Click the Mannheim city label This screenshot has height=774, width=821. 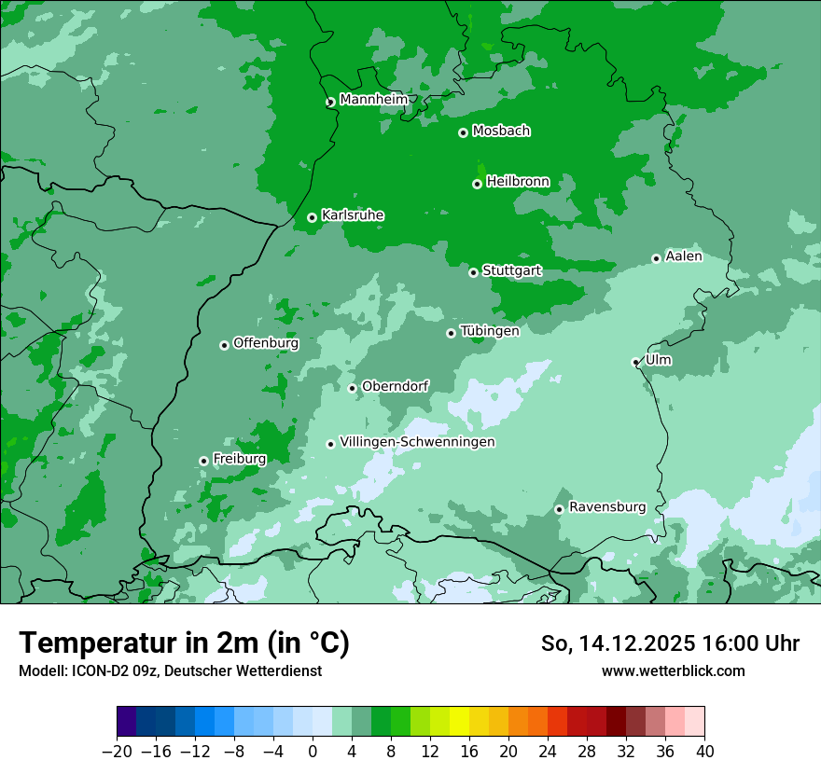tap(373, 100)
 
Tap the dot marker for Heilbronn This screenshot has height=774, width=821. tap(477, 184)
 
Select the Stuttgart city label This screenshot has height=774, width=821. tap(511, 271)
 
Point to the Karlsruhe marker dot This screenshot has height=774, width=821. tap(312, 217)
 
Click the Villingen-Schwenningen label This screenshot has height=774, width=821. tap(417, 442)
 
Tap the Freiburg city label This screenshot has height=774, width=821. tap(239, 459)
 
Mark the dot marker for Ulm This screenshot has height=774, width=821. tap(635, 362)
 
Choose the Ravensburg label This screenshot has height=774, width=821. tap(606, 507)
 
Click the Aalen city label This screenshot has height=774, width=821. tap(684, 256)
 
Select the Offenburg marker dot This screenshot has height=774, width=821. tap(224, 345)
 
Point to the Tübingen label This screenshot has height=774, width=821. tap(489, 331)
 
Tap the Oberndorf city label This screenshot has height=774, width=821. tap(395, 386)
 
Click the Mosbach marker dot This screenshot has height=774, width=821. tap(463, 132)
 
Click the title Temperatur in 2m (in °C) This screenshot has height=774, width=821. tap(184, 643)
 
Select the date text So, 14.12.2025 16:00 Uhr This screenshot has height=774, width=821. tap(670, 643)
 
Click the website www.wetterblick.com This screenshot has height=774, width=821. tap(673, 670)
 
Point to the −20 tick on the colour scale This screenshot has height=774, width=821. tap(118, 752)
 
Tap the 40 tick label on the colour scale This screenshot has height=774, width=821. tap(704, 752)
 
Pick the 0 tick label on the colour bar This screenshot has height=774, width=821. tap(313, 752)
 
